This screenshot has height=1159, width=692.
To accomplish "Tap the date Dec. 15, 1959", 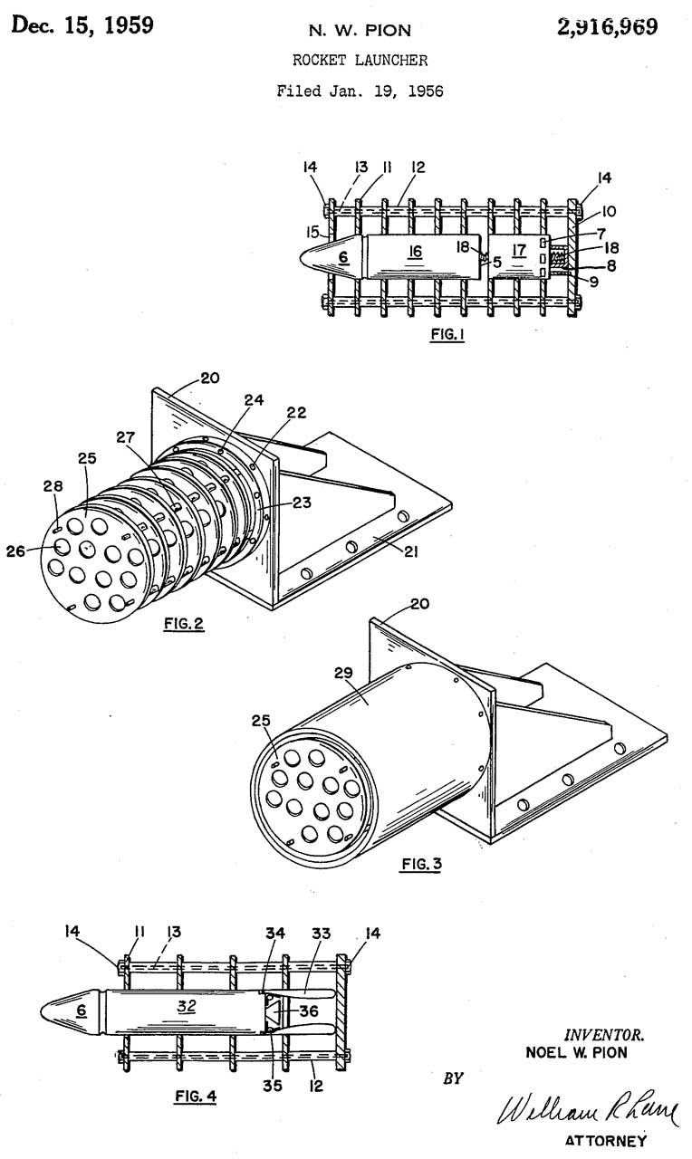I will pos(82,24).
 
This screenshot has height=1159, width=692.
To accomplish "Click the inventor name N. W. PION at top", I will pos(360,31).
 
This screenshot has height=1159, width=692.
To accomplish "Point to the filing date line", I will pos(360,91).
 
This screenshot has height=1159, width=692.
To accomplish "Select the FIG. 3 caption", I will pos(421,863).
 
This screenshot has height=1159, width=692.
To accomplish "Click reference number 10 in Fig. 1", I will pos(609,211).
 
